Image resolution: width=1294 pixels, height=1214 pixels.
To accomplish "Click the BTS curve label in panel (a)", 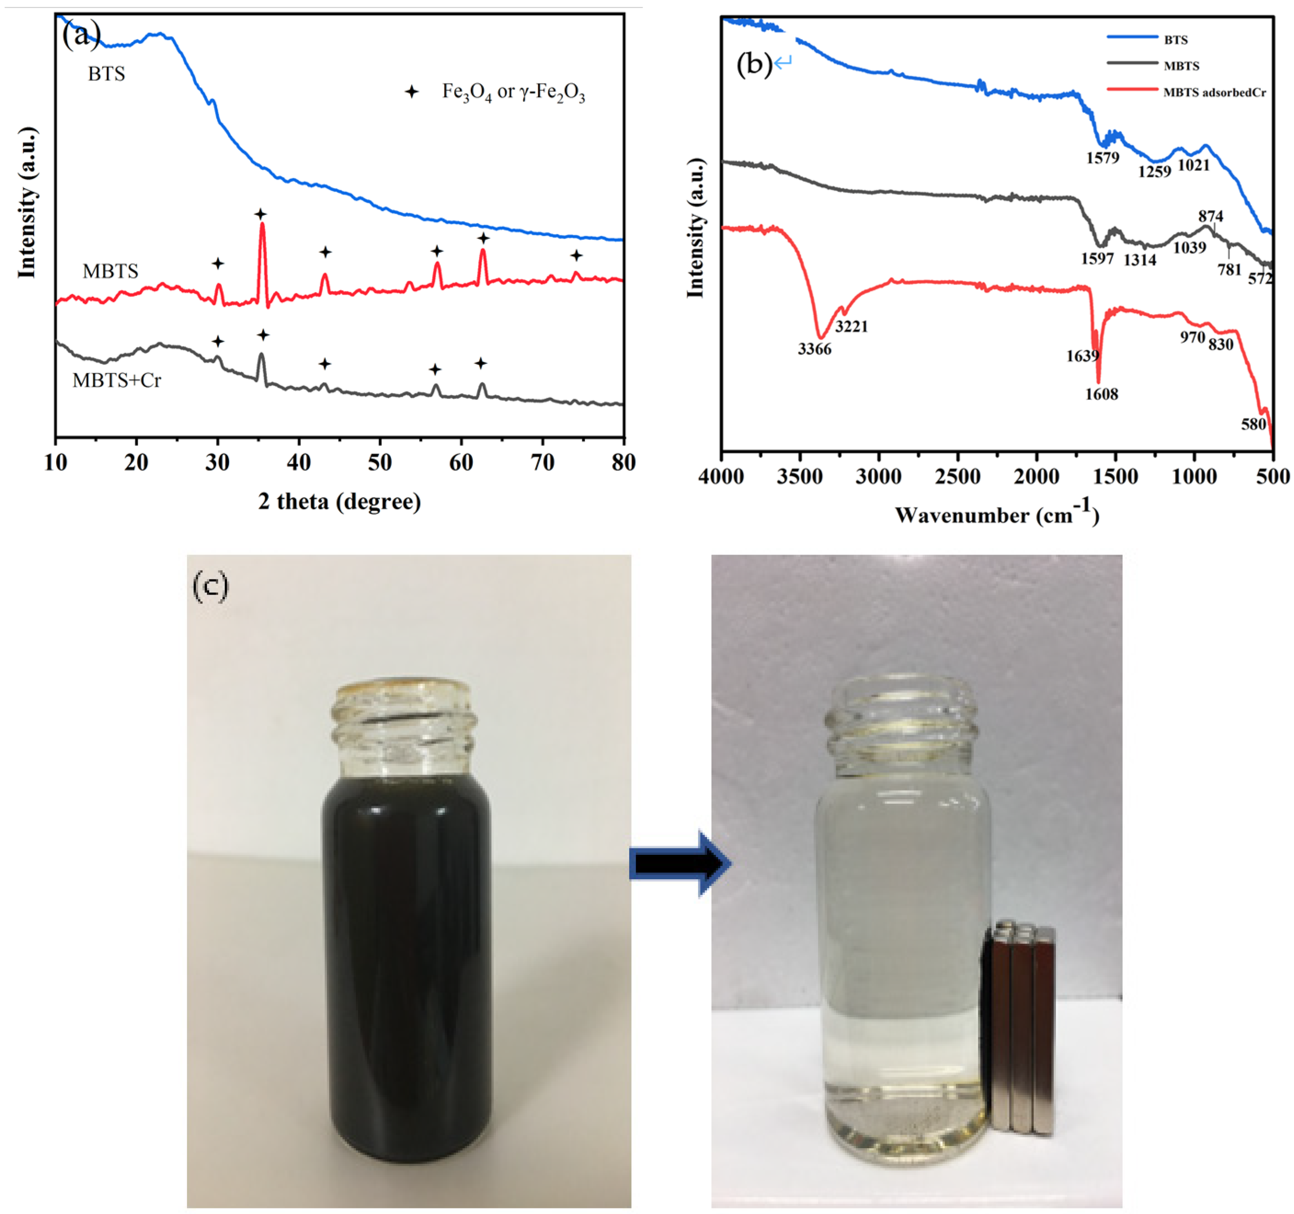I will (x=106, y=74).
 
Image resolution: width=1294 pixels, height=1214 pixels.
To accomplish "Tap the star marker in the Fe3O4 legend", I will (x=411, y=92).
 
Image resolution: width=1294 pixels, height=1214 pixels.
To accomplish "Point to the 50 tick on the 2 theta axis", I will (x=380, y=463).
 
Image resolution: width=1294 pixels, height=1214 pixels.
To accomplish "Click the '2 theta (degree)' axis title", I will (x=339, y=502).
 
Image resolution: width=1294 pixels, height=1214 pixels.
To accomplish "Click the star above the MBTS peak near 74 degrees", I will (x=576, y=255).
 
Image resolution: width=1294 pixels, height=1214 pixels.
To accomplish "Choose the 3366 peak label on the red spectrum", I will (x=814, y=349).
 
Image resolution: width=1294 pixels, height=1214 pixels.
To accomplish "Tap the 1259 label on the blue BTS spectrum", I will (x=1154, y=172).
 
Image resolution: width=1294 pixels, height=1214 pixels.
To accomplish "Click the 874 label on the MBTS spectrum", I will (x=1211, y=216).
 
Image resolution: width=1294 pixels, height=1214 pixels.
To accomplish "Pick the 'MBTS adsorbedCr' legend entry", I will (x=1214, y=92).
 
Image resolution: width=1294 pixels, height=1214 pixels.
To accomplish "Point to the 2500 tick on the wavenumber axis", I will (x=958, y=477).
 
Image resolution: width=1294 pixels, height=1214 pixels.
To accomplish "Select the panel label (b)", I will (x=754, y=64).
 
